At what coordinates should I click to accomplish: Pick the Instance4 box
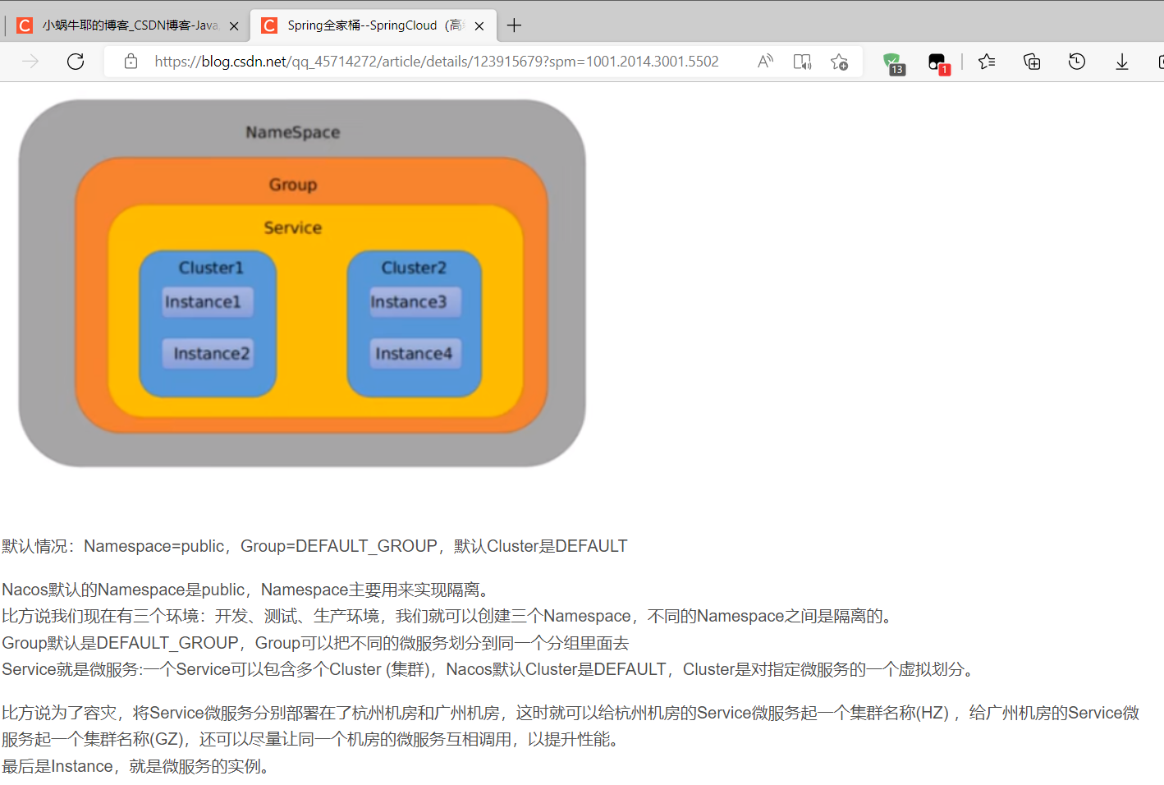pyautogui.click(x=415, y=354)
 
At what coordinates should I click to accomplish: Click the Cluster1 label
pyautogui.click(x=211, y=268)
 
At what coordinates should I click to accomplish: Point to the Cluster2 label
pyautogui.click(x=414, y=268)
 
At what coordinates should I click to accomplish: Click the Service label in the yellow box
pyautogui.click(x=292, y=228)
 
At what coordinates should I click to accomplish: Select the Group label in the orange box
pyautogui.click(x=292, y=185)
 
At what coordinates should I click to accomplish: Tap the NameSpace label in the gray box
pyautogui.click(x=292, y=132)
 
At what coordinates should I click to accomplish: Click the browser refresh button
pyautogui.click(x=76, y=62)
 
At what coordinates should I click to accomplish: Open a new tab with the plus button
pyautogui.click(x=514, y=25)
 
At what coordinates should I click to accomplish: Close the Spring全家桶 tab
pyautogui.click(x=479, y=26)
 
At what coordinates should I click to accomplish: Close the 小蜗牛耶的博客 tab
pyautogui.click(x=234, y=26)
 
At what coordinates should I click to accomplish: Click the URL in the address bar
pyautogui.click(x=436, y=62)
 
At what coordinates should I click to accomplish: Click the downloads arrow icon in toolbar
pyautogui.click(x=1121, y=62)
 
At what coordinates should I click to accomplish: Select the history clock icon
pyautogui.click(x=1076, y=62)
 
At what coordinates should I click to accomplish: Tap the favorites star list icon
pyautogui.click(x=987, y=62)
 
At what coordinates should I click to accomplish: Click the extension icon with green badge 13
pyautogui.click(x=892, y=62)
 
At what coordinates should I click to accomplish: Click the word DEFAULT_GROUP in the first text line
pyautogui.click(x=366, y=547)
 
